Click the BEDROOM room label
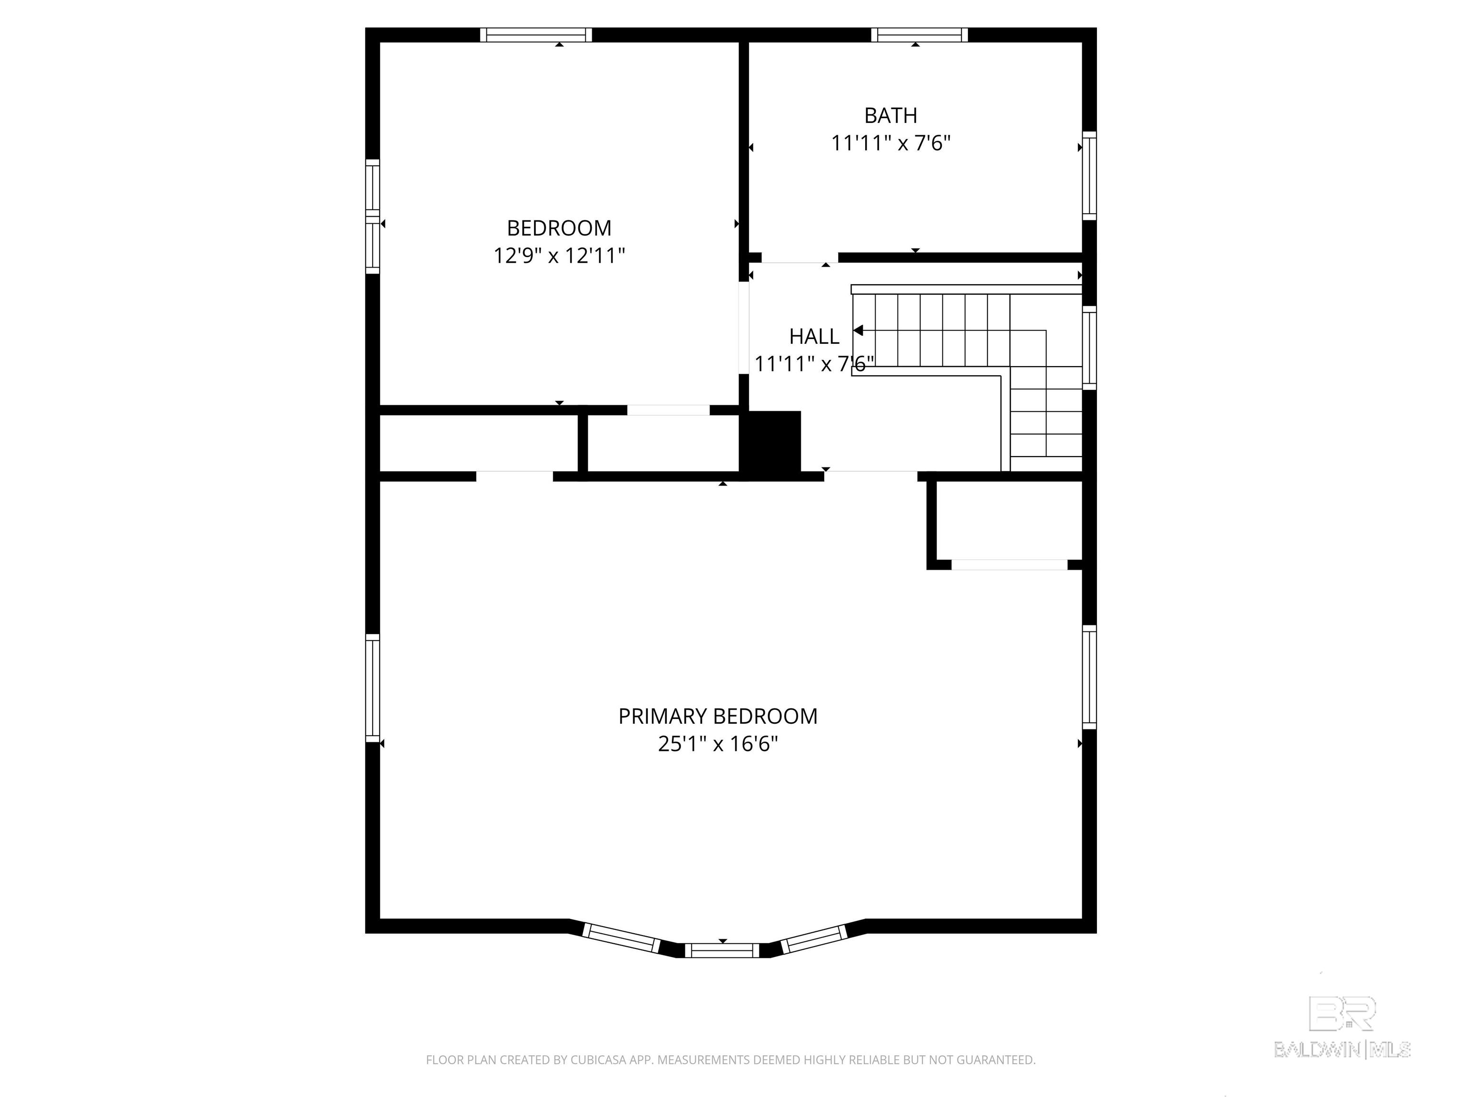click(559, 228)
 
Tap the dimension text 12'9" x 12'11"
click(559, 256)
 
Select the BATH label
click(890, 116)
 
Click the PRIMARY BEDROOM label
click(717, 717)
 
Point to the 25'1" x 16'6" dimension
click(717, 745)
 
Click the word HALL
click(814, 337)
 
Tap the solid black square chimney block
click(772, 441)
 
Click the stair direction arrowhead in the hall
click(858, 330)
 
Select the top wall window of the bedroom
click(535, 35)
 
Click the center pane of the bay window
click(722, 950)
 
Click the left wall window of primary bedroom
click(373, 688)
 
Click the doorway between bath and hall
click(800, 258)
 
